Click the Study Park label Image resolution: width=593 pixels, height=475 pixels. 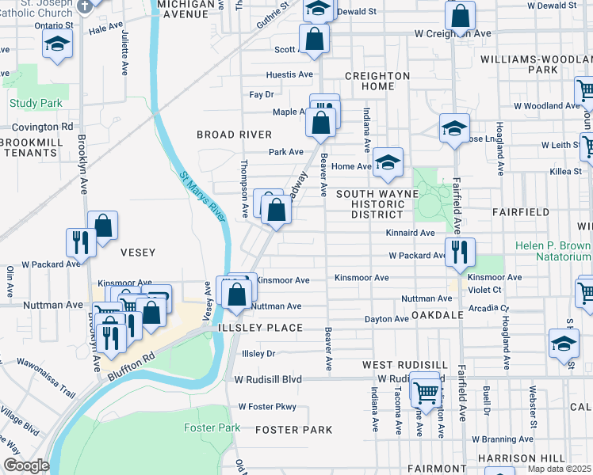[x=36, y=103]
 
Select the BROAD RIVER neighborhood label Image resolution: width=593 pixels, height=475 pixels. [x=234, y=135]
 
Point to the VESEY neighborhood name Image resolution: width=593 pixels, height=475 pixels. [x=137, y=252]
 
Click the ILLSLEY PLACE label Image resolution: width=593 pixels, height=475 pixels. [x=262, y=328]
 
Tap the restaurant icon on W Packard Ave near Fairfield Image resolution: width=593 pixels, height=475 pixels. [x=460, y=251]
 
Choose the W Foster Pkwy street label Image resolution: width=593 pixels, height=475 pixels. [x=266, y=407]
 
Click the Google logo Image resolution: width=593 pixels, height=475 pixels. [x=25, y=465]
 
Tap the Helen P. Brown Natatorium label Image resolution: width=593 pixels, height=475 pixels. [x=553, y=252]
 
